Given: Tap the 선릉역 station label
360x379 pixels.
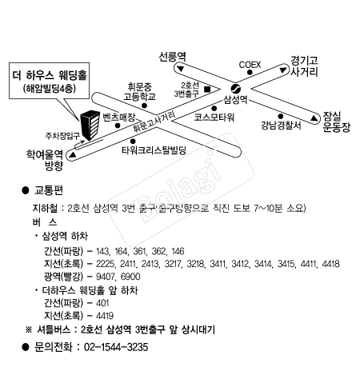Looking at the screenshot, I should point(171,58).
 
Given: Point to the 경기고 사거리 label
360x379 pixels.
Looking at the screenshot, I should point(306,65).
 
